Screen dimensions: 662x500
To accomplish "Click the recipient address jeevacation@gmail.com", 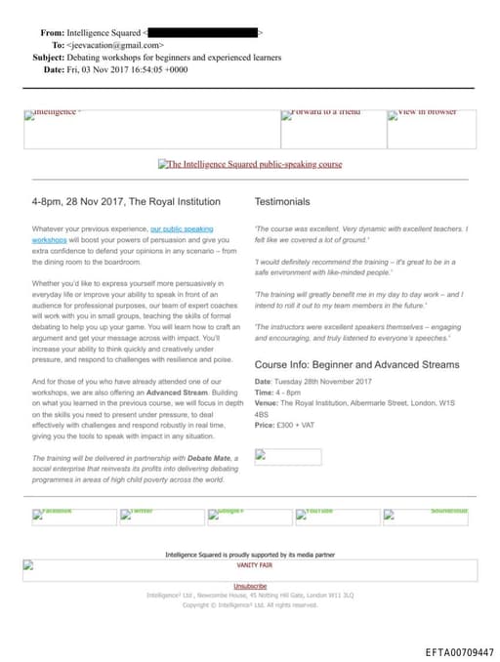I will coord(115,45).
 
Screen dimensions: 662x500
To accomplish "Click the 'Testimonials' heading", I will coord(282,202).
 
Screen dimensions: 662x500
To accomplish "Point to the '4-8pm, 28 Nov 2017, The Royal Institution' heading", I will coord(126,202).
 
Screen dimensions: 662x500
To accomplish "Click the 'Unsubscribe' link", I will coord(250,586).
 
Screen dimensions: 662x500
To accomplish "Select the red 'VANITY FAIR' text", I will coord(255,565).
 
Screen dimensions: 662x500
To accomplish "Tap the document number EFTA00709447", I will coord(459,652).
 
